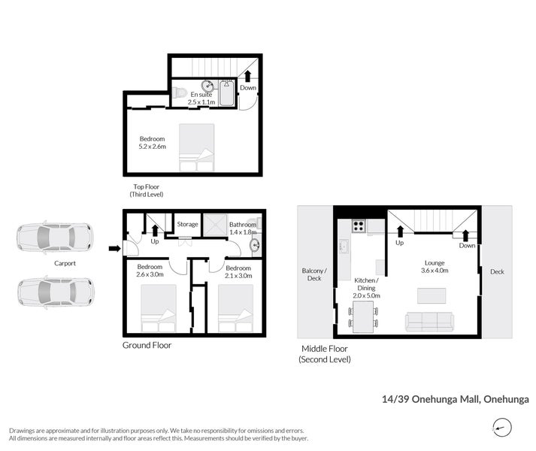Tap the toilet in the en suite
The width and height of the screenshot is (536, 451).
(x=179, y=92)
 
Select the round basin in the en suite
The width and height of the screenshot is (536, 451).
(x=207, y=86)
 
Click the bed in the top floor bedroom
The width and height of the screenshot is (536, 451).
(x=196, y=147)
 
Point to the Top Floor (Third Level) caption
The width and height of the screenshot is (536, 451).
(x=147, y=190)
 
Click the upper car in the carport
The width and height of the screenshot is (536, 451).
(x=55, y=238)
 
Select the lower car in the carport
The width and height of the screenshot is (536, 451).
(x=56, y=292)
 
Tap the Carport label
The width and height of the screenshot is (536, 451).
(x=65, y=263)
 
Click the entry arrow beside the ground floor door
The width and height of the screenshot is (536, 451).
(x=114, y=249)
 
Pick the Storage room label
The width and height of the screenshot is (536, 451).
(x=187, y=224)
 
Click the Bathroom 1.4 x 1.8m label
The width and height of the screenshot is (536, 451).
(x=243, y=228)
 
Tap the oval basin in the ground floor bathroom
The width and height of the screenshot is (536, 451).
(x=255, y=245)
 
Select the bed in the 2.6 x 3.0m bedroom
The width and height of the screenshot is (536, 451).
(x=159, y=308)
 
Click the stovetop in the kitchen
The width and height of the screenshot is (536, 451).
(x=359, y=225)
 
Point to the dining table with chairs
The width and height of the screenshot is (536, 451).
(x=363, y=316)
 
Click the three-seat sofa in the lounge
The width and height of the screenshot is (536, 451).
(x=430, y=322)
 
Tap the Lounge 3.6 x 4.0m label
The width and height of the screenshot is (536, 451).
(x=435, y=266)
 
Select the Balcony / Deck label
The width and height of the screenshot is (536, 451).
(x=314, y=274)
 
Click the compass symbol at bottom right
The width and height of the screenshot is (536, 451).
(x=502, y=428)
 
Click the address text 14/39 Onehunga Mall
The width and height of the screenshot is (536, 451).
(x=431, y=399)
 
